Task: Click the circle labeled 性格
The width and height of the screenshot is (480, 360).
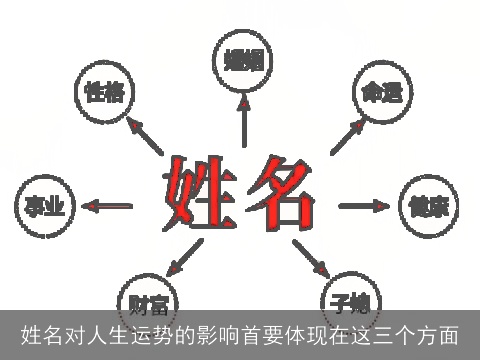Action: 105,93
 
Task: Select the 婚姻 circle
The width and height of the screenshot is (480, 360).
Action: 244,58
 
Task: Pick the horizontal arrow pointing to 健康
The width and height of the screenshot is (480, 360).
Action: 363,206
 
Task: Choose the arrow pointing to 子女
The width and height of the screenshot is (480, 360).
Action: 310,259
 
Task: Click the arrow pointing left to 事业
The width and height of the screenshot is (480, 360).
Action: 108,206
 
